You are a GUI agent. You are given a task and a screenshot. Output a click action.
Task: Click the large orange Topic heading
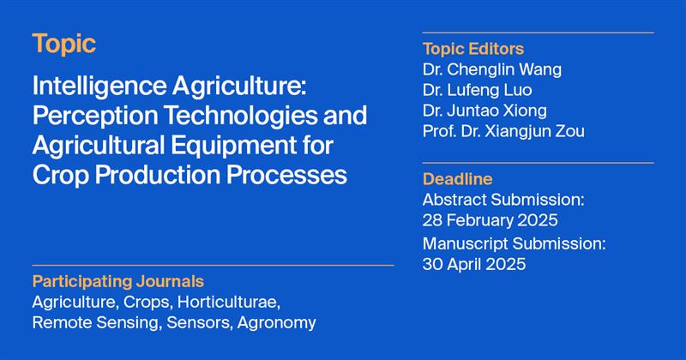click(x=64, y=45)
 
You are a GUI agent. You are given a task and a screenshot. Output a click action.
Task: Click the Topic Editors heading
click(x=473, y=49)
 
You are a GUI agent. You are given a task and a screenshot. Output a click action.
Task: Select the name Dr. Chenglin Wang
click(x=492, y=69)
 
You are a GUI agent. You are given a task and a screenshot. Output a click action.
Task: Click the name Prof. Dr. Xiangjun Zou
click(x=503, y=131)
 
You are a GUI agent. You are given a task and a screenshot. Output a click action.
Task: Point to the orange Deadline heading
click(x=458, y=179)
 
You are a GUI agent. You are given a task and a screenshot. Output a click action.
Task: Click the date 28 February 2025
click(x=490, y=220)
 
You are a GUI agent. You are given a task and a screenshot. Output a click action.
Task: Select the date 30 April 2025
click(x=475, y=264)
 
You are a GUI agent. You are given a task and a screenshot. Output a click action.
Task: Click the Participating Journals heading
click(x=118, y=281)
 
